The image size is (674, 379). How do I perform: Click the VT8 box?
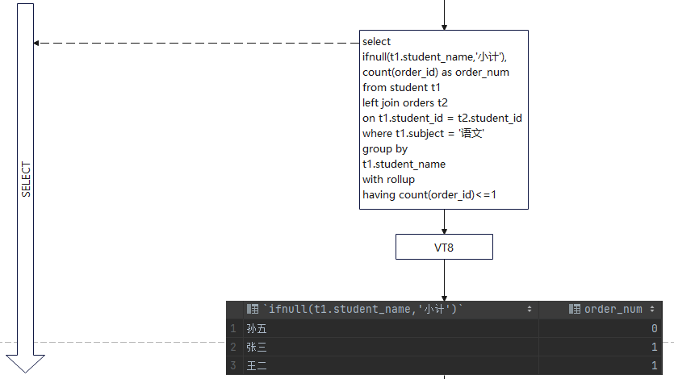(x=444, y=248)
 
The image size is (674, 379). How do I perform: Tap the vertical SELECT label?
(x=26, y=180)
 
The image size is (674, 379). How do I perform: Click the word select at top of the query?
(x=377, y=41)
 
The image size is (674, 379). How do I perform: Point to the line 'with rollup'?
(x=388, y=179)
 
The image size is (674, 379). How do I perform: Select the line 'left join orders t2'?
(x=404, y=102)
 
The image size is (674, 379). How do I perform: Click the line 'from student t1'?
(x=401, y=87)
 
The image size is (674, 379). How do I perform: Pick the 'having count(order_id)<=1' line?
(x=429, y=194)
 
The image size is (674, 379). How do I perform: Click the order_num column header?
(x=613, y=309)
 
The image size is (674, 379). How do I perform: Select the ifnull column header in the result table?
(x=363, y=309)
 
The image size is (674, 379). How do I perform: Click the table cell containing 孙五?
(x=257, y=328)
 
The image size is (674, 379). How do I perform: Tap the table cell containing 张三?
(x=257, y=348)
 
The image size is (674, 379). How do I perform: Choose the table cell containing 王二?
(x=257, y=366)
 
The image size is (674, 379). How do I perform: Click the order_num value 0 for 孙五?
(x=654, y=328)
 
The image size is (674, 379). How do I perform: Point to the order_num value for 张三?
(x=654, y=348)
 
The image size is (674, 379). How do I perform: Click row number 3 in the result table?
(x=232, y=366)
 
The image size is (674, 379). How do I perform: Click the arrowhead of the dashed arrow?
(x=38, y=43)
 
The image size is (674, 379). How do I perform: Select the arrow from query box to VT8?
(x=444, y=222)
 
